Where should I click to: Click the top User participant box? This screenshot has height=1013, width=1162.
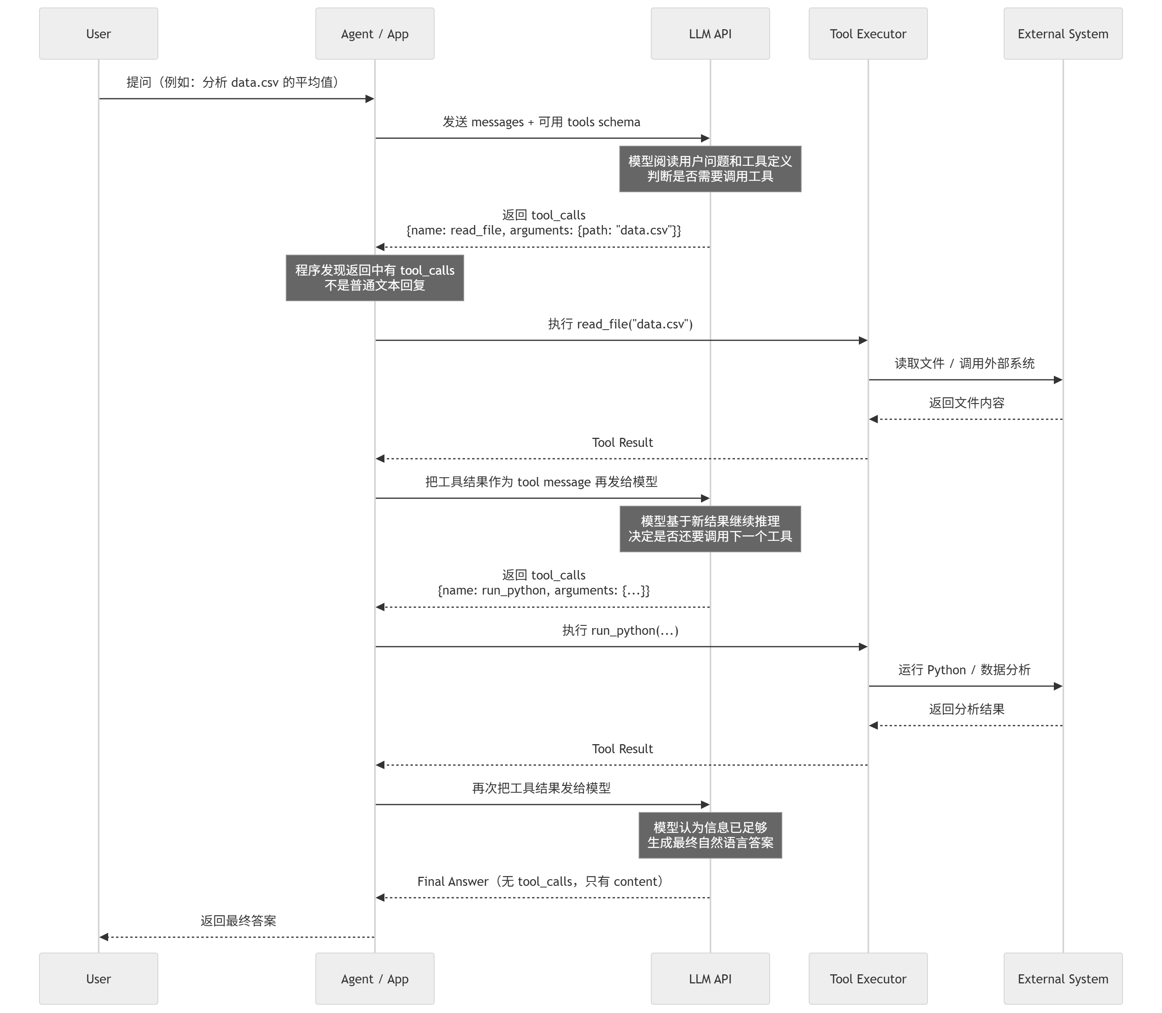coord(98,34)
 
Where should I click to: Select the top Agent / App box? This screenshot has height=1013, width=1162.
coord(375,34)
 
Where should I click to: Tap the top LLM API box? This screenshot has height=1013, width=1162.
coord(710,34)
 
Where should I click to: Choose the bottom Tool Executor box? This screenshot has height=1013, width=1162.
coord(868,979)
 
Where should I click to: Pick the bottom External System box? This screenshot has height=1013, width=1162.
coord(1063,979)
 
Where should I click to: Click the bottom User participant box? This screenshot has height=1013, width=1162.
coord(98,979)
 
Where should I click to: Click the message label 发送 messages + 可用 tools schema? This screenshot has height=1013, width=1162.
coord(541,122)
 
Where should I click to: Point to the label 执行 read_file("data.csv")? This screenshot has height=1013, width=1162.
coord(620,324)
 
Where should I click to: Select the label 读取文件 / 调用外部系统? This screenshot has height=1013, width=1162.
coord(965,364)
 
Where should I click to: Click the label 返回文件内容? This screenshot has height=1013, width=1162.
coord(967,403)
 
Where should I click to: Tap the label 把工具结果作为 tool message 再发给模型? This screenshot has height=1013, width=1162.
coord(541,482)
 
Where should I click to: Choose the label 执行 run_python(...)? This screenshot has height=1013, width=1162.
coord(620,630)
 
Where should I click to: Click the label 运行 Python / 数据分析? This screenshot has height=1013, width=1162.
coord(964,670)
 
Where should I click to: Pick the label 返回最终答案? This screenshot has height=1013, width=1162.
coord(238,921)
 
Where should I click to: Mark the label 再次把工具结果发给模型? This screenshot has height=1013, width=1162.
coord(541,788)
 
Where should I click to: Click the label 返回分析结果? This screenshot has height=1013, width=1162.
coord(967,709)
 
